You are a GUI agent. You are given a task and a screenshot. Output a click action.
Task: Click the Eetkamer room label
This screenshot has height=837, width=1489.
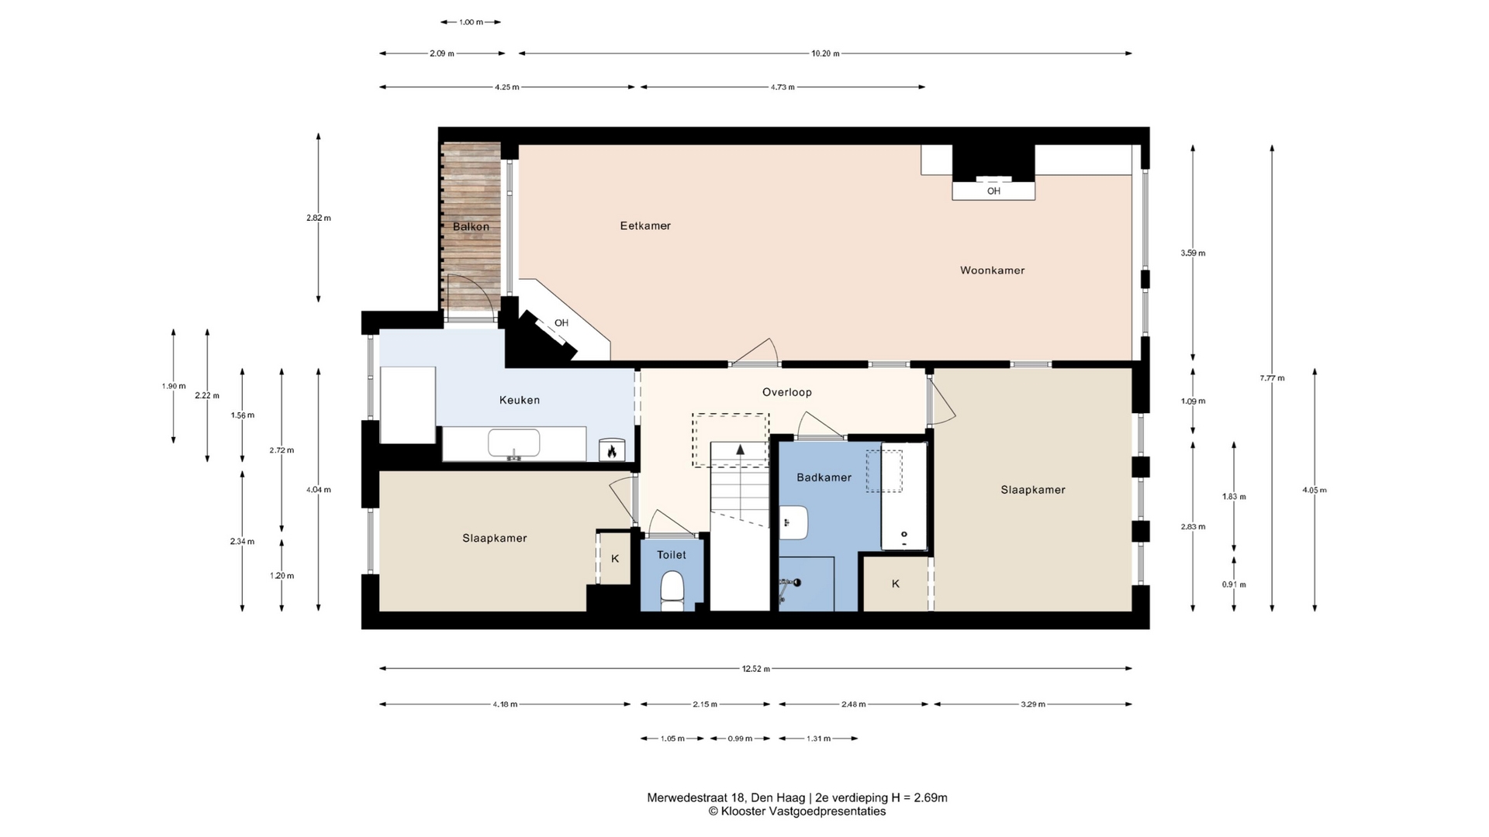645,226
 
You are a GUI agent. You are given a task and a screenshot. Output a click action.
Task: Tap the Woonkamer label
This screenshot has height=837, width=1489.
992,270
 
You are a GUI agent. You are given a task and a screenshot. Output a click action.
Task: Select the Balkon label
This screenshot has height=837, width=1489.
471,227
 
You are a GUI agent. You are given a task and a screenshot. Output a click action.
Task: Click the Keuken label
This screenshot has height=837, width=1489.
519,400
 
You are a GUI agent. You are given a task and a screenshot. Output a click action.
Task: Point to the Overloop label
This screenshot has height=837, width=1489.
786,392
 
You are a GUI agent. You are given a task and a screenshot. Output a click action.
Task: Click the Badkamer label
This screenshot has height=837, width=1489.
824,477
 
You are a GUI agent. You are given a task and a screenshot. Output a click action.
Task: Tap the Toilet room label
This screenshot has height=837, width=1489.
671,555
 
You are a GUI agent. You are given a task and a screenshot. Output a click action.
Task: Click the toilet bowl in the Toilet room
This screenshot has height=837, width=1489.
672,591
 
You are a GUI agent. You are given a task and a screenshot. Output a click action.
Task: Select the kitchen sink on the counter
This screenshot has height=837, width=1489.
513,444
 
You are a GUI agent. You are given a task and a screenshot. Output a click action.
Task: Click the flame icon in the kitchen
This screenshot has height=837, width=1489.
611,450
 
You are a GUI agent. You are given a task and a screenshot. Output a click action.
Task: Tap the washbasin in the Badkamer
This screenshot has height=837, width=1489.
793,522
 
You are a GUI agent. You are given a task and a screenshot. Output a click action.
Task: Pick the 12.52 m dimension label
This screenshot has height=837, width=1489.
755,669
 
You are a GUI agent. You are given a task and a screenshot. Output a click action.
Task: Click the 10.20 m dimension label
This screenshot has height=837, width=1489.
825,53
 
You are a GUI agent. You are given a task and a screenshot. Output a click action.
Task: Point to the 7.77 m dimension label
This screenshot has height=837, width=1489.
1272,378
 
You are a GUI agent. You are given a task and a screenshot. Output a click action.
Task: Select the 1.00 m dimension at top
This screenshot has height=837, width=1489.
471,22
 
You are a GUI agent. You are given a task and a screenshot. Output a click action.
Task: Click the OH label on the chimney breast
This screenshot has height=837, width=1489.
993,191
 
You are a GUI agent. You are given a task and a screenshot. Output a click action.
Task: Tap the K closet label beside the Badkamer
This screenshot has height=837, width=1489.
896,584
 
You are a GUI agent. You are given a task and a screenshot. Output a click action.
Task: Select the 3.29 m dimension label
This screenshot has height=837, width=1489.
1032,704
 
